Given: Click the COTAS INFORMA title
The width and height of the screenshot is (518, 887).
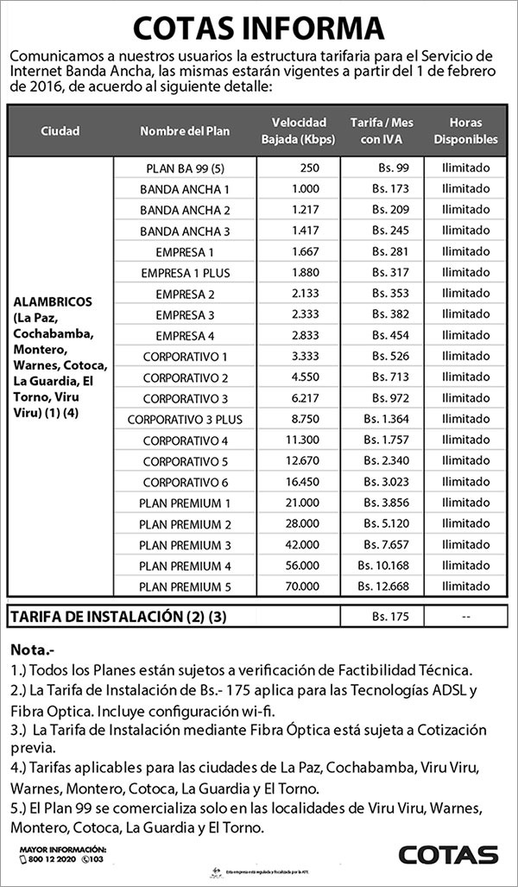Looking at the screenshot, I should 259,27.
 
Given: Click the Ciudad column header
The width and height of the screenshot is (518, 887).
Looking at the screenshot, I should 60,131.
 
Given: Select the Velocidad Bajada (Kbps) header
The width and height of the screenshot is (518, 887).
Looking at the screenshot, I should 298,130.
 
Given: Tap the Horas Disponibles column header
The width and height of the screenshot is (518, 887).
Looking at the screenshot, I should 465,130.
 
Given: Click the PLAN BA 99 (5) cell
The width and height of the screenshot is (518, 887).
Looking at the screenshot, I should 185,168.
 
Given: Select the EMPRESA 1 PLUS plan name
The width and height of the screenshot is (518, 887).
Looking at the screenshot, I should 185,273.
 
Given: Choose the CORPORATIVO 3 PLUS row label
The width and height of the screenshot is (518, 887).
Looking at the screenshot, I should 185,420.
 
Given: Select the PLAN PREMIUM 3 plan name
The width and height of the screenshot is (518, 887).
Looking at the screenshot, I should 185,545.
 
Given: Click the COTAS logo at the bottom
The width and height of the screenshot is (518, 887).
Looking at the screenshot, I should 448,854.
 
